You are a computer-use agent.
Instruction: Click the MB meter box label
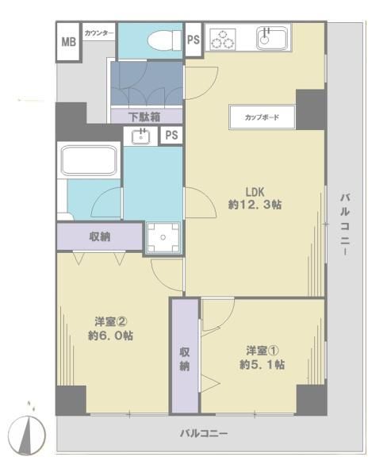(69, 41)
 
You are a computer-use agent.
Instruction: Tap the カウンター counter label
(99, 33)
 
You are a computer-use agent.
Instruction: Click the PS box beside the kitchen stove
(193, 40)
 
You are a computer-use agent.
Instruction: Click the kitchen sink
(272, 38)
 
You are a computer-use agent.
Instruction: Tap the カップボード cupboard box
(262, 117)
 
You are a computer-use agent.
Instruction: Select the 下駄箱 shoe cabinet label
(144, 117)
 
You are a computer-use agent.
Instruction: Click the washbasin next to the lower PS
(141, 136)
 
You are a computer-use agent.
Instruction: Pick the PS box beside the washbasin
(171, 135)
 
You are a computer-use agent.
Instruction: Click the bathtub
(89, 160)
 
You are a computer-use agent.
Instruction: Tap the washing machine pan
(163, 237)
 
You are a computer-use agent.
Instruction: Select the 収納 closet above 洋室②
(100, 236)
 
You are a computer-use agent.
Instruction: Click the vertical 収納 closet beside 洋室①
(185, 355)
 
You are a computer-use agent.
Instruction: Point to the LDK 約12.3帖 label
(255, 198)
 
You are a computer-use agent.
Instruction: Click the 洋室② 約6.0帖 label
(110, 328)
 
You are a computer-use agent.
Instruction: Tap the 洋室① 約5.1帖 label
(262, 358)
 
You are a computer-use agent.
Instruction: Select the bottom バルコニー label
(204, 433)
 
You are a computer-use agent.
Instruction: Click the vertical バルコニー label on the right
(345, 225)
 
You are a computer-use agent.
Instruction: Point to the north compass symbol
(27, 433)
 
